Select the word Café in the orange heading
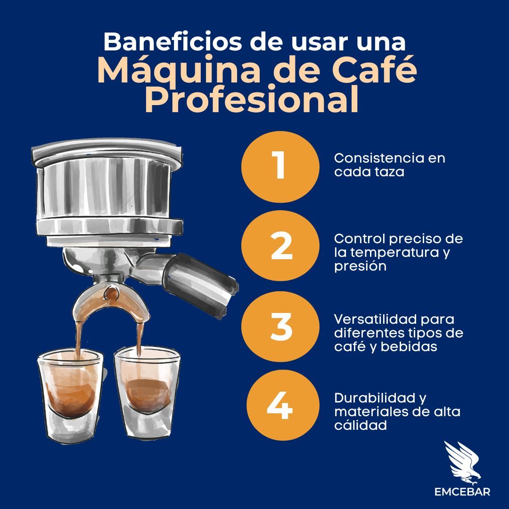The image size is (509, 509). pos(374,69)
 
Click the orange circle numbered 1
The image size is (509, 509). pos(280,166)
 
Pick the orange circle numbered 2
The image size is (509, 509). pos(280,246)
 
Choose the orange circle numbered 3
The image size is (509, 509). pos(280,326)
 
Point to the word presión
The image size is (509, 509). pos(361,266)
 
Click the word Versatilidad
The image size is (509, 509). pos(376,319)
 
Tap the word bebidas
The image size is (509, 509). pos(409,346)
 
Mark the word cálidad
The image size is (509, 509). pos(361,425)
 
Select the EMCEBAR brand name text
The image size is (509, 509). pos(462,492)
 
